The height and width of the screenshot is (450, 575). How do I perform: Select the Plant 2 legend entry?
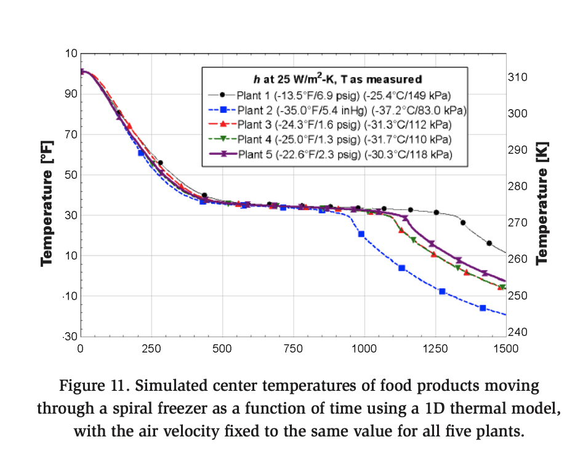[x=351, y=110]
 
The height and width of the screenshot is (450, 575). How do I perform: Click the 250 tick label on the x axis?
[x=151, y=348]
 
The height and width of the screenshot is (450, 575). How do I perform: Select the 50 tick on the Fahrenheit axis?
[x=70, y=175]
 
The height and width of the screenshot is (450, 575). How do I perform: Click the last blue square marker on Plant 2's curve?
[x=483, y=308]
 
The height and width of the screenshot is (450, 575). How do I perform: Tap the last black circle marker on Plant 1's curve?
[x=489, y=243]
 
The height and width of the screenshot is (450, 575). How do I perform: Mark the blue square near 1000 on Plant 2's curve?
[x=361, y=234]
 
